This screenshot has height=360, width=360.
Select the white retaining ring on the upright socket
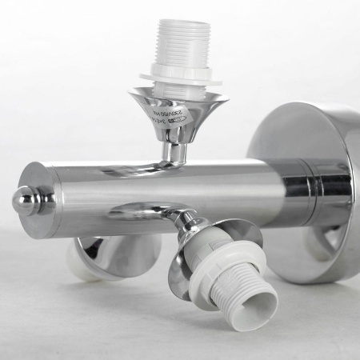pyautogui.click(x=180, y=78)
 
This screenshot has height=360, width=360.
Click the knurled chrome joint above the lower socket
pyautogui.click(x=190, y=224)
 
